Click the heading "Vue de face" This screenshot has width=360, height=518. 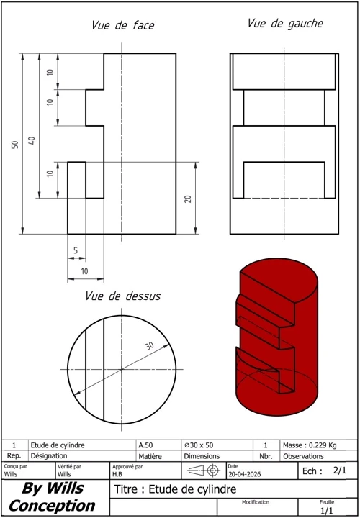coord(123,25)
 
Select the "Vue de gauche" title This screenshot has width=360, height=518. coord(285,24)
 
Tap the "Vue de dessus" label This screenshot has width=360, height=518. coord(122,296)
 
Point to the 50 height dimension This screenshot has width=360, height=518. coord(15,145)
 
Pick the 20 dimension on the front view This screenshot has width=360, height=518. coord(188,199)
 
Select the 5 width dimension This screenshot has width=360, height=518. coord(76,250)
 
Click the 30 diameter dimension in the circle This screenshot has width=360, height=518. coord(150,346)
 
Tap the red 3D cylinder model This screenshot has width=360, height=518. coord(277,337)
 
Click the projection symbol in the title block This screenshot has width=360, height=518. coord(204,471)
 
